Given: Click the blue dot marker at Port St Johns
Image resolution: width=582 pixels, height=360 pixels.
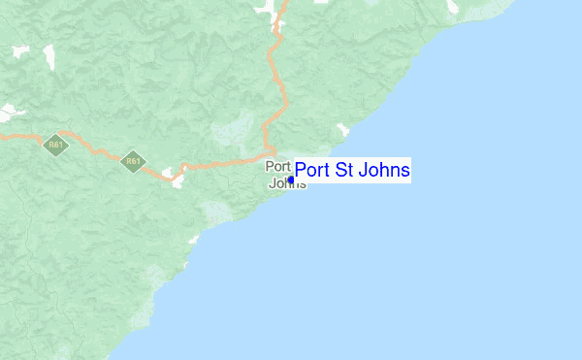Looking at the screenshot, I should (291, 180).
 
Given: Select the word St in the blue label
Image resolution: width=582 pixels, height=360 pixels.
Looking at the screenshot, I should (343, 171).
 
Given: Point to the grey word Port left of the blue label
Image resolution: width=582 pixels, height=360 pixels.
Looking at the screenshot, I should (277, 166).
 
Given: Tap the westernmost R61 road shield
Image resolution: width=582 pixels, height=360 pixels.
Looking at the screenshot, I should (54, 145).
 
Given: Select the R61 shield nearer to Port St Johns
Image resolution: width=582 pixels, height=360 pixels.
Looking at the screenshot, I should (132, 161).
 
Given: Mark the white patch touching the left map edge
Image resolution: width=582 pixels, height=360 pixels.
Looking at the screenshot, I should (11, 113).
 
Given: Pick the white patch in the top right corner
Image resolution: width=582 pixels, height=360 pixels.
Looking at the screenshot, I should (451, 8).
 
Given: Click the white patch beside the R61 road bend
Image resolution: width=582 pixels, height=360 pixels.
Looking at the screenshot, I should (177, 179).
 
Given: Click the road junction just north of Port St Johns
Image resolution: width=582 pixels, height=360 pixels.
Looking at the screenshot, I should (271, 155).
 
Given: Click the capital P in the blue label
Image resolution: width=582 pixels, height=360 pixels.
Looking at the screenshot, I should (300, 171).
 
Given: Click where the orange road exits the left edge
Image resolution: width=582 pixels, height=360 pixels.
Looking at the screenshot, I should (2, 136).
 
